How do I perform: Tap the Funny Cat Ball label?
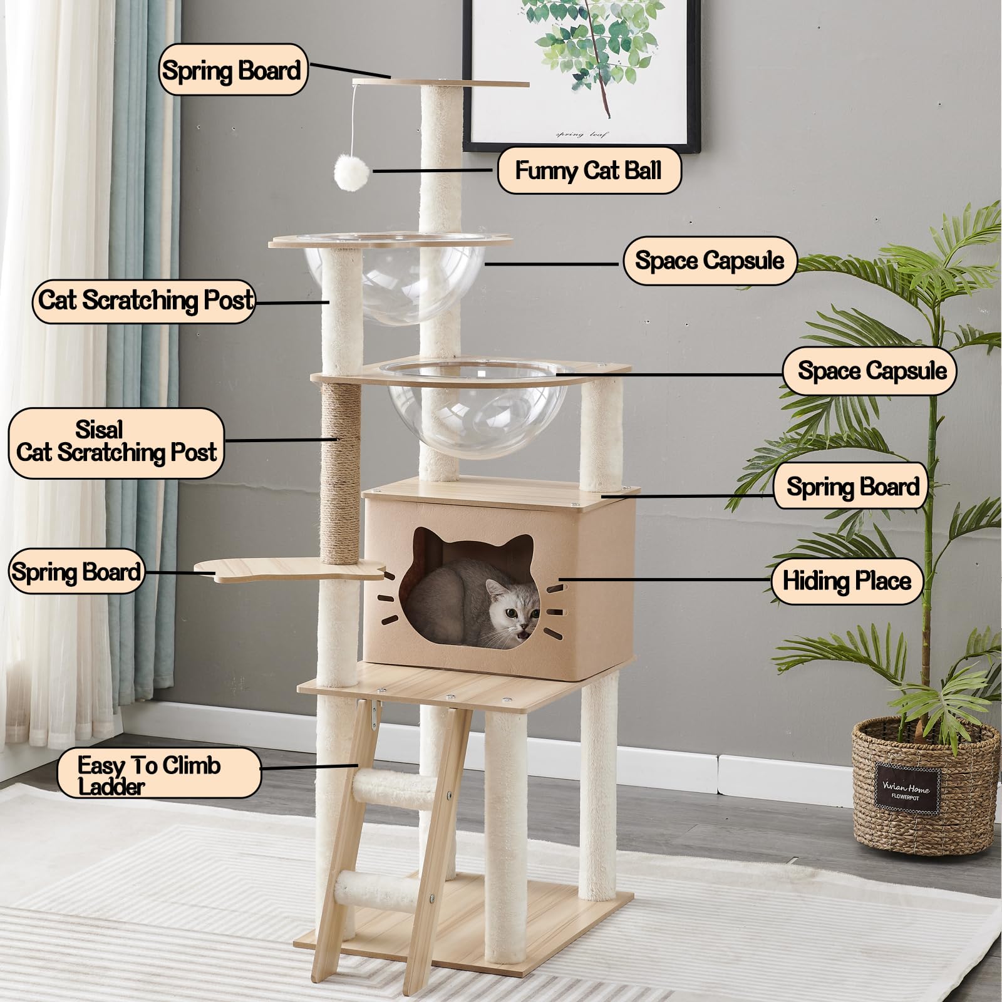(x=588, y=170)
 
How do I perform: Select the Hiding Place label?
(x=847, y=581)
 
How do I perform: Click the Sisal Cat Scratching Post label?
(x=116, y=442)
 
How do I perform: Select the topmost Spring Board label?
(x=232, y=70)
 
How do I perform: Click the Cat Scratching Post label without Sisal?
(x=145, y=301)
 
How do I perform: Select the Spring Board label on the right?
(x=852, y=487)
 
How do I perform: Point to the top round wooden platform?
(x=442, y=83)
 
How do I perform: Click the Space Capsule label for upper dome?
(x=710, y=260)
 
